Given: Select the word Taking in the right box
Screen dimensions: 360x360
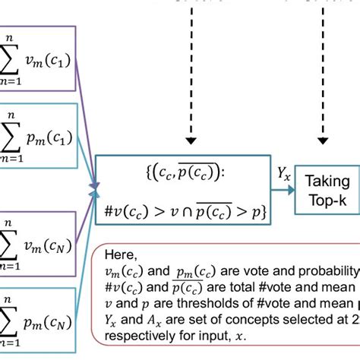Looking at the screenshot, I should tap(327, 182).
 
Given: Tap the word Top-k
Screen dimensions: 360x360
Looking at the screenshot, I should tap(327, 201).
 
